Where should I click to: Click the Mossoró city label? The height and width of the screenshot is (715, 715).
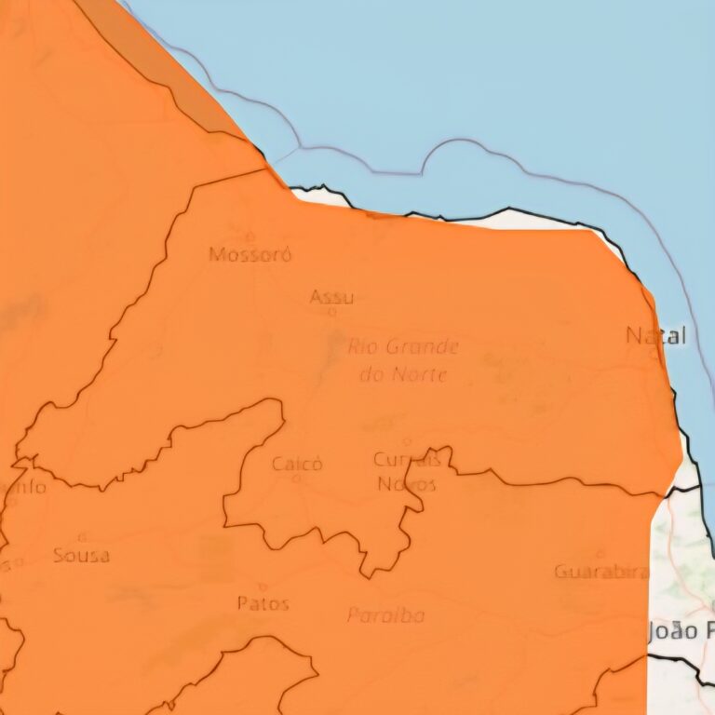click(x=250, y=254)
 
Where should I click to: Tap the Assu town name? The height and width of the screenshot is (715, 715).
click(x=331, y=298)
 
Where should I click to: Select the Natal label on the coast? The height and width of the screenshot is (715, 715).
click(x=656, y=335)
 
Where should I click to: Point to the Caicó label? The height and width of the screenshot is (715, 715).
click(x=297, y=463)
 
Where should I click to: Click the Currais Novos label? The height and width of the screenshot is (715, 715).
click(x=406, y=471)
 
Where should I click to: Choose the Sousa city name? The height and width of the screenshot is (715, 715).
click(x=82, y=555)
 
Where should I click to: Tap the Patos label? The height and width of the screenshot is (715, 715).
click(x=263, y=603)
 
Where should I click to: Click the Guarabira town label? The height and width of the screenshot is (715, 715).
click(x=600, y=572)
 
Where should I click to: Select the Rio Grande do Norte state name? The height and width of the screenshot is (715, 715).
click(x=404, y=360)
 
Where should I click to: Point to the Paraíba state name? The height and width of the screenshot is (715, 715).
click(x=386, y=615)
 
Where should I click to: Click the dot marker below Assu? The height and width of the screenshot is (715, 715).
click(x=331, y=313)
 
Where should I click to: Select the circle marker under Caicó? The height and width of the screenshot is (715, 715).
click(x=297, y=479)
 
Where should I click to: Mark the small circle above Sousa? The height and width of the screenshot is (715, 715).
click(x=82, y=536)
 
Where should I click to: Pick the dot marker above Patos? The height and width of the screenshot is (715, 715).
click(x=263, y=587)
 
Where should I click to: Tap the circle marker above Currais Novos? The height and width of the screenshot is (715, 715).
click(x=406, y=441)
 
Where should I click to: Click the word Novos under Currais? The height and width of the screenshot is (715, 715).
click(x=406, y=483)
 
